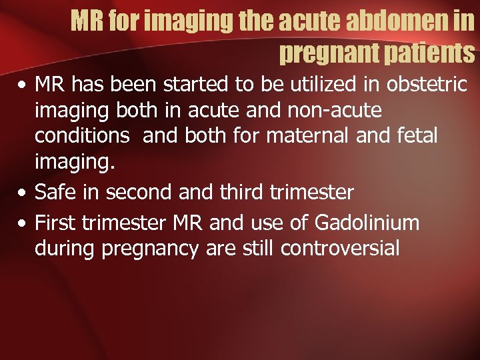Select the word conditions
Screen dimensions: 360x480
pos(82,135)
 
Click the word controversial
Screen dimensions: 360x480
pos(340,248)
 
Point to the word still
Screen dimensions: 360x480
pos(255,248)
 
